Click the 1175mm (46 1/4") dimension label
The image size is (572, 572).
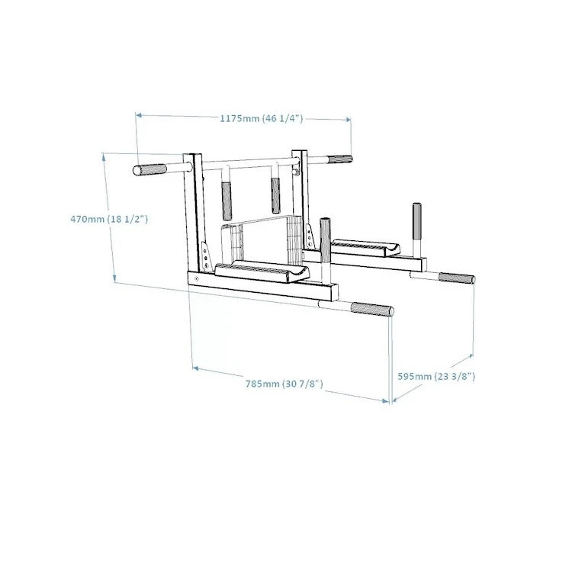click(262, 118)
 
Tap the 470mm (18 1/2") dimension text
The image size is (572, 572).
click(108, 219)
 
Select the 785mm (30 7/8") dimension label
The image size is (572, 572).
click(284, 384)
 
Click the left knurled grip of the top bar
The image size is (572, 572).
click(151, 169)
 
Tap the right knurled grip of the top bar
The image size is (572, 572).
click(340, 160)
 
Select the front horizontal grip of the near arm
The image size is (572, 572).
click(372, 310)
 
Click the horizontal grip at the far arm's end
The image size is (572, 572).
click(456, 278)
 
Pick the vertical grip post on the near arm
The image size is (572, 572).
click(326, 239)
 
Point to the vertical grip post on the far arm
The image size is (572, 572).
click(417, 220)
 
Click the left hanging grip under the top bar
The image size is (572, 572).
click(227, 201)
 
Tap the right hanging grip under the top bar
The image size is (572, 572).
click(276, 196)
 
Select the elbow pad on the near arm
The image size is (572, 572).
click(262, 272)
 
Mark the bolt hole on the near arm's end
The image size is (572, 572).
click(197, 280)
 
